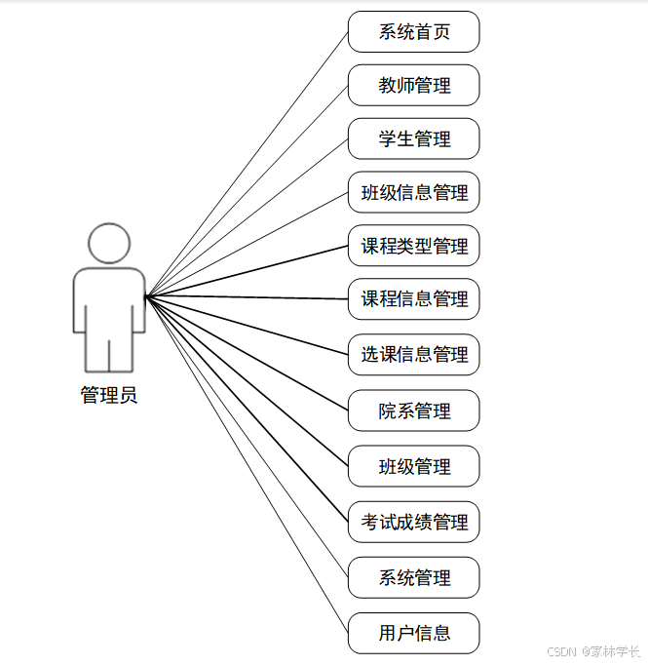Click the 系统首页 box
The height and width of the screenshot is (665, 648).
414,31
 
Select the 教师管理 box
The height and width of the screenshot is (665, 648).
414,85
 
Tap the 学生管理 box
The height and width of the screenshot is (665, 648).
414,138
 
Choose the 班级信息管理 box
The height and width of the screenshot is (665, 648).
414,192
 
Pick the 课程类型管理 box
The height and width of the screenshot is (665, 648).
414,246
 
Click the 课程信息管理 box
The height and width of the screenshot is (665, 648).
414,298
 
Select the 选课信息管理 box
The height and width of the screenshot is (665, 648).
414,354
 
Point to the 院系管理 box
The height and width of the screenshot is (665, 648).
414,411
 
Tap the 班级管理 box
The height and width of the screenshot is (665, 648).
414,466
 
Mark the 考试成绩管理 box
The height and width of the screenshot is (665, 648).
414,522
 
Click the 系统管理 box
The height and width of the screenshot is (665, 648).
414,577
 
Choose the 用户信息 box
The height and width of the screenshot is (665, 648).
414,633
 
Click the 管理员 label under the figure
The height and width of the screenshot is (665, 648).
109,395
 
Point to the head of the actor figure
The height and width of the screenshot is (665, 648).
109,244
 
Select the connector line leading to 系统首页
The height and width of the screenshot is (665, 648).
247,164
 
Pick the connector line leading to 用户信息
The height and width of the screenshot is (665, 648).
247,464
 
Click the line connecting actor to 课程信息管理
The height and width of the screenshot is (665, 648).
247,296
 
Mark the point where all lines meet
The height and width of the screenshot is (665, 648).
146,294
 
